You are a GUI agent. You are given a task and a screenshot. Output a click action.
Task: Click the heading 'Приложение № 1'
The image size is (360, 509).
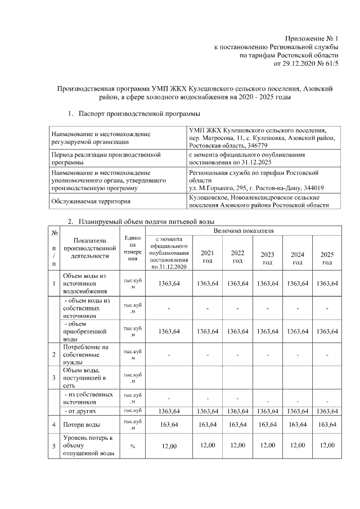click(309, 38)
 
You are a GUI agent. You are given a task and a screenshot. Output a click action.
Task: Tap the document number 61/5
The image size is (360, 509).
click(331, 65)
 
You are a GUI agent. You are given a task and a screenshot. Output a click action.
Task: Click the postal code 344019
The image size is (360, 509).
click(316, 187)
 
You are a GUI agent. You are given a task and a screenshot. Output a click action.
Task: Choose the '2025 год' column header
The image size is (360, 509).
click(327, 258)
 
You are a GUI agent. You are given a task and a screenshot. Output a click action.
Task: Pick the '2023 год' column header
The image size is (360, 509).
click(268, 258)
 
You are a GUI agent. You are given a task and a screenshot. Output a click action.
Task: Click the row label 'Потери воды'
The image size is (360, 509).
click(82, 425)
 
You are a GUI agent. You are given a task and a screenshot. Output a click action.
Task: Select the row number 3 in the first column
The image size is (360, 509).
click(53, 378)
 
